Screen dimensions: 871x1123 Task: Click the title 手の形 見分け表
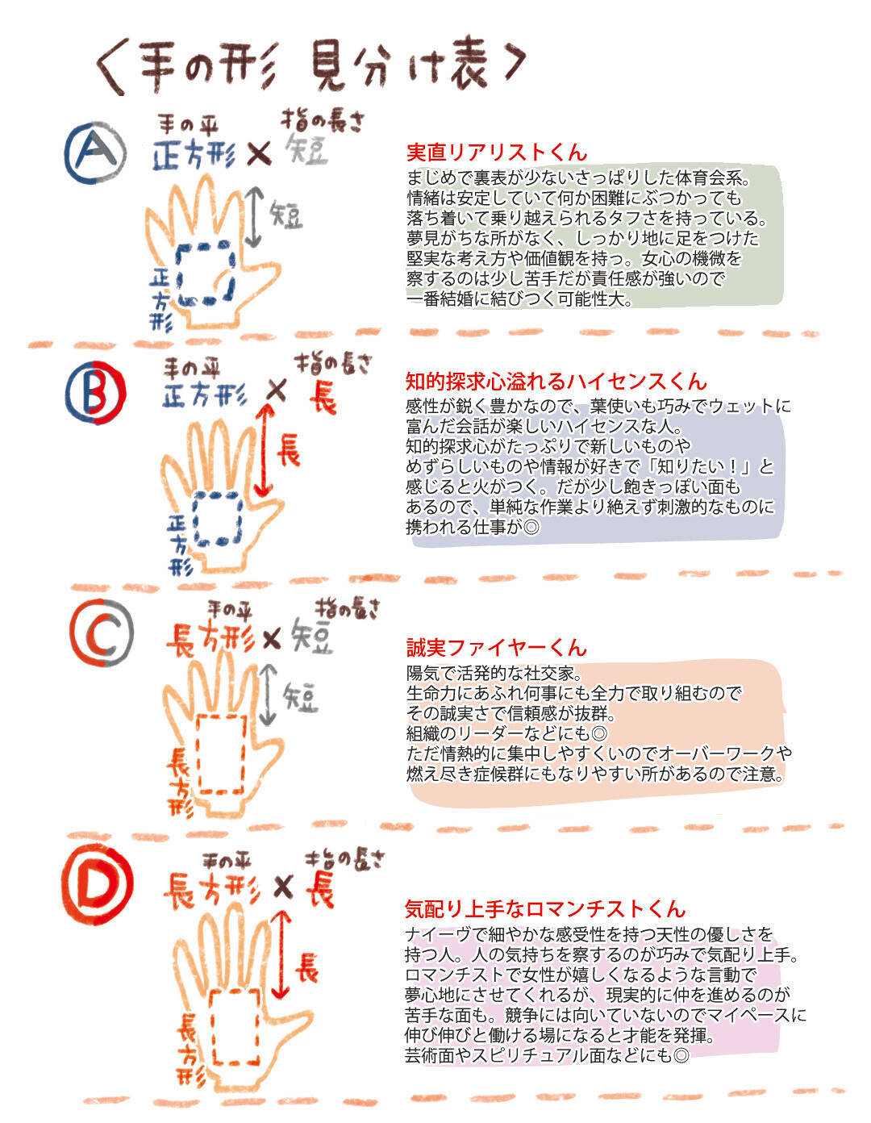pyautogui.click(x=310, y=66)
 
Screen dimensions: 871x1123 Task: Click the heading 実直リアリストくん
pyautogui.click(x=497, y=152)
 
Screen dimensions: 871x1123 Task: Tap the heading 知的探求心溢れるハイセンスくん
pyautogui.click(x=556, y=382)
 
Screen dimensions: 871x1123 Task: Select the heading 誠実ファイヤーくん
pyautogui.click(x=497, y=648)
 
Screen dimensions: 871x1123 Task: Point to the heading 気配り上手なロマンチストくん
pyautogui.click(x=545, y=909)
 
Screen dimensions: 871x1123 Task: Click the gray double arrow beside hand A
pyautogui.click(x=253, y=216)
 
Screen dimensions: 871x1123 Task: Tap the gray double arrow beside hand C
pyautogui.click(x=267, y=695)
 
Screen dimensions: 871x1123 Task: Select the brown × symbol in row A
pyautogui.click(x=258, y=153)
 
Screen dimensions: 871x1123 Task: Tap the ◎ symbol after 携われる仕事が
pyautogui.click(x=530, y=527)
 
